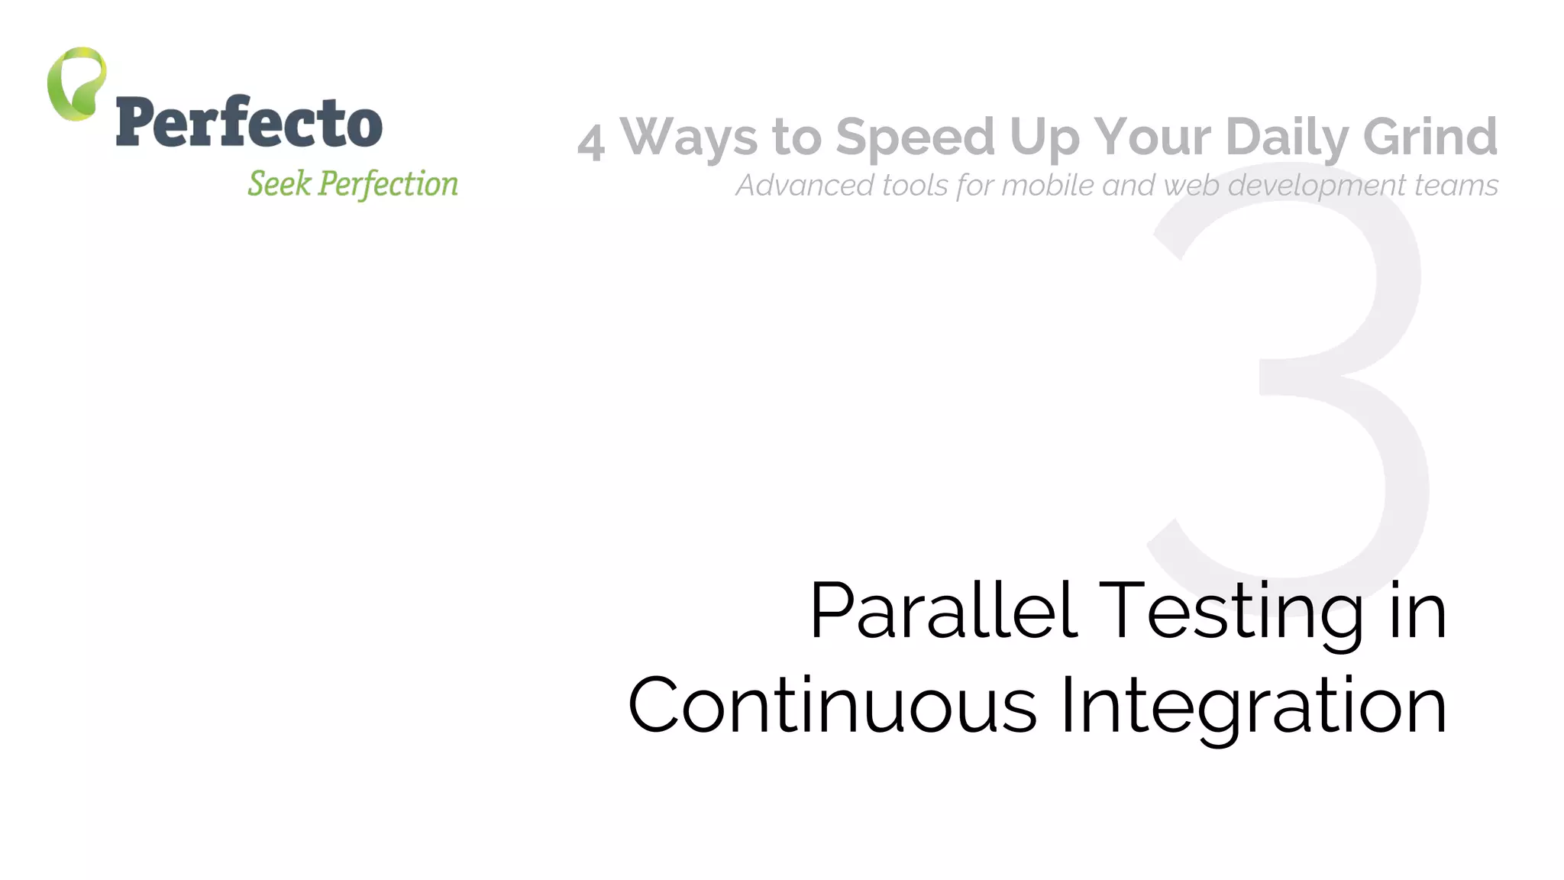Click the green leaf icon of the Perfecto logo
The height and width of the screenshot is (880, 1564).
coord(76,84)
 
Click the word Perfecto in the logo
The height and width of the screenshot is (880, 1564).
coord(249,122)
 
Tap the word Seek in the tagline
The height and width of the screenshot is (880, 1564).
coord(280,184)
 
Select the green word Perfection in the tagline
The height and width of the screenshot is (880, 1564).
coord(388,184)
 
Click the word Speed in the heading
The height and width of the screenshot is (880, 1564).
coord(915,137)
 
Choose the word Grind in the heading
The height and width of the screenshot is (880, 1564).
coord(1430,137)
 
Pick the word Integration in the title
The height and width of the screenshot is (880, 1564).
coord(1252,706)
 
